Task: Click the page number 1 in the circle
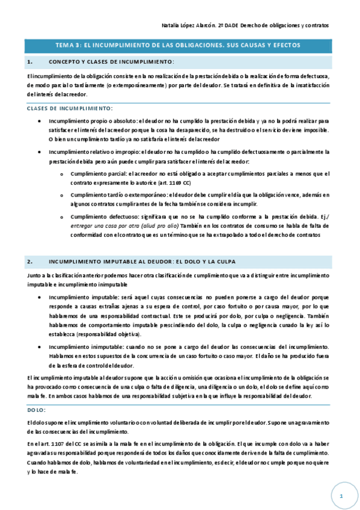tap(340, 496)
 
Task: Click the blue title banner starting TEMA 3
tap(180, 45)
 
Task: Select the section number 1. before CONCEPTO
tap(29, 62)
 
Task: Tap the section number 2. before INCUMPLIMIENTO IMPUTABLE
tap(29, 262)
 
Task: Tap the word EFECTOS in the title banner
tap(282, 45)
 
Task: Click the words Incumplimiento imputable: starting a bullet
tap(81, 297)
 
